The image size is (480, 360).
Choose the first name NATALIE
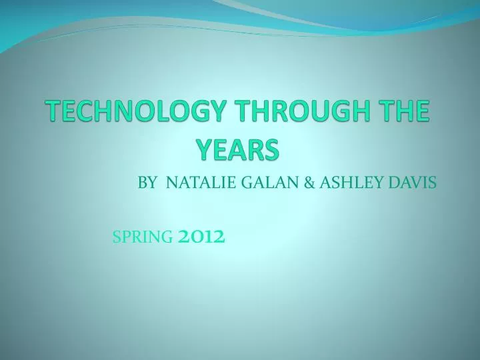point(193,181)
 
